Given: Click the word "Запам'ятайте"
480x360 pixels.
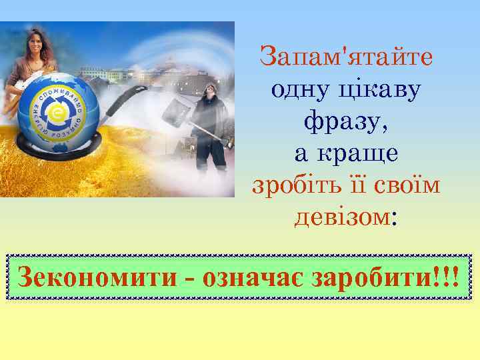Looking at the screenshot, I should click(x=346, y=56).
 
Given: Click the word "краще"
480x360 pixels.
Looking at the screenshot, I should click(x=365, y=153).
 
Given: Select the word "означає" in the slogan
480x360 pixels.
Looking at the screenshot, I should click(x=254, y=275).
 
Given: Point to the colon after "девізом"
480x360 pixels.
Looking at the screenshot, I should click(x=395, y=219).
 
